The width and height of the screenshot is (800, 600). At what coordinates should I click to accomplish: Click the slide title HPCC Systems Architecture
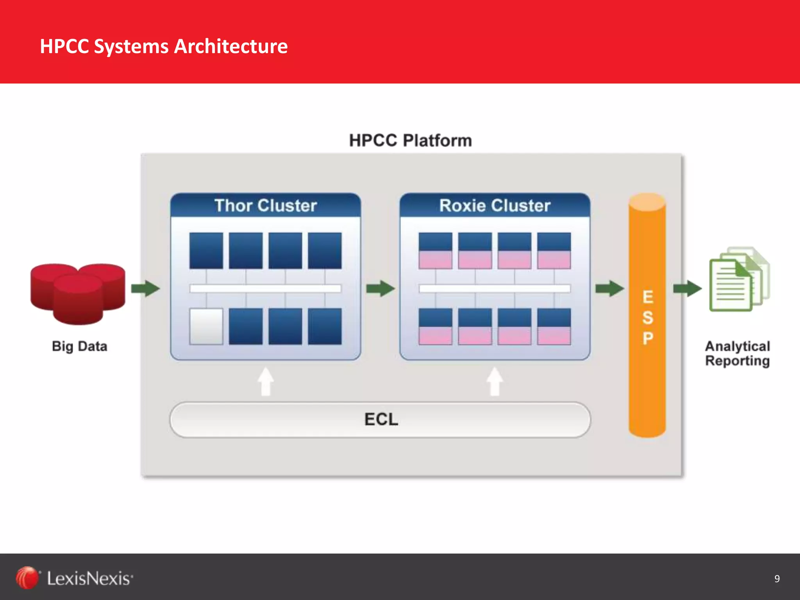coord(164,46)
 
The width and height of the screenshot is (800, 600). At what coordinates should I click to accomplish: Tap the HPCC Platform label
coord(410,141)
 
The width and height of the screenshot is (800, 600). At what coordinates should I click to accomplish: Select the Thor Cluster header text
coord(266,205)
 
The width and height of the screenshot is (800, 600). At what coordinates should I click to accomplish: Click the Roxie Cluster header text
coord(495,205)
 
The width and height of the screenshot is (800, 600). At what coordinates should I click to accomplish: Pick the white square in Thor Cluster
coord(206,327)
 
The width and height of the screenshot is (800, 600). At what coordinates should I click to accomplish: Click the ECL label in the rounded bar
coord(381,420)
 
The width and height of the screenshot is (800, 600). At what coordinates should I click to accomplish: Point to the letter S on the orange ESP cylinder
coord(647,318)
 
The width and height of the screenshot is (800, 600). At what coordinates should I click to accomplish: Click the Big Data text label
coord(79,346)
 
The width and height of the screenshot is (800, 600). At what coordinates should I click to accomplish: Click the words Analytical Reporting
coord(737,353)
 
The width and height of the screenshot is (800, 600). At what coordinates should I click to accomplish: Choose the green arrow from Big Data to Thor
coord(145,289)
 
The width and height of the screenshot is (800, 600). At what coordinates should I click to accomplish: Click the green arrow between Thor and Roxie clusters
coord(380,289)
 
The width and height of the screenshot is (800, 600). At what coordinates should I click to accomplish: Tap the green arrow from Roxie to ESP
coord(609,289)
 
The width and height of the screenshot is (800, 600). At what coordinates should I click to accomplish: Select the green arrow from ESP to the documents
coord(687,289)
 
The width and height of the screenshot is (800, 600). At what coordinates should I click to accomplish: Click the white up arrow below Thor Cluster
coord(266,382)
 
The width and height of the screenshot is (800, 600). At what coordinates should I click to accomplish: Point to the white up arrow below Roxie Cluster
coord(495,382)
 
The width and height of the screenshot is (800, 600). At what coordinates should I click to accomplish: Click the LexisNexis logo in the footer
coord(74,578)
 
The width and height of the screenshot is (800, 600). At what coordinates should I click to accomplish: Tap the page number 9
coord(777,579)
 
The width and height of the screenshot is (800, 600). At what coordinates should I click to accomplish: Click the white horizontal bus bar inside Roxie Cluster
coord(495,289)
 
